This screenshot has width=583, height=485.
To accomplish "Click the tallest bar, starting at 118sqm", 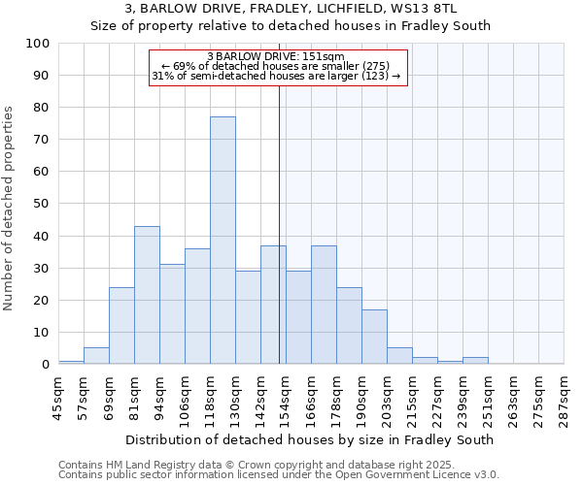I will tap(223, 241).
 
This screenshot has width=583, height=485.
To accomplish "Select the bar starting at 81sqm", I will tap(147, 295).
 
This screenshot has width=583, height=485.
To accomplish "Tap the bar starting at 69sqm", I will tap(121, 326).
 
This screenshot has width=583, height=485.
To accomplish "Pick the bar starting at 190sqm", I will tap(374, 337).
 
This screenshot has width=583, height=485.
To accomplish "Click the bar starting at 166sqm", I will tap(324, 305).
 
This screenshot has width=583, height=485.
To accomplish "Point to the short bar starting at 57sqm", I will tap(96, 356).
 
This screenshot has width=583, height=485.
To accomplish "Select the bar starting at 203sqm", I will tap(399, 356).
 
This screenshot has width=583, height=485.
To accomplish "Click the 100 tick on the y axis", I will tap(39, 44).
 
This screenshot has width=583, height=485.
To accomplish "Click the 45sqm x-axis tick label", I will tap(59, 396).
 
